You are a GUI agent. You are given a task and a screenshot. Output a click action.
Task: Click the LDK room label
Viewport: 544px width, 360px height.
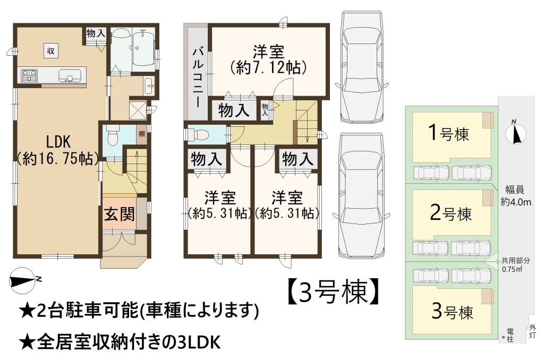click(x=58, y=141)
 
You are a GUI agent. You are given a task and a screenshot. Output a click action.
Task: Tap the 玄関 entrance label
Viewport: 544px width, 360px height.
click(x=120, y=213)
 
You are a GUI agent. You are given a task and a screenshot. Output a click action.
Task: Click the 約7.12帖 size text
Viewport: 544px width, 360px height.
click(x=268, y=67)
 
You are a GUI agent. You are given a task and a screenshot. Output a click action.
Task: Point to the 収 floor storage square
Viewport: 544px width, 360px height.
click(x=50, y=51)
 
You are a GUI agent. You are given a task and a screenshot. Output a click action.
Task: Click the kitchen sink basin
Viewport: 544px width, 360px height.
click(x=71, y=75)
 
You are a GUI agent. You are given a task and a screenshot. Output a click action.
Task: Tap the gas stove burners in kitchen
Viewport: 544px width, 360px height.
click(x=30, y=75)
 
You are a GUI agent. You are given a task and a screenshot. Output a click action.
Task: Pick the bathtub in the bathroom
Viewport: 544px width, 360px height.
click(x=143, y=48)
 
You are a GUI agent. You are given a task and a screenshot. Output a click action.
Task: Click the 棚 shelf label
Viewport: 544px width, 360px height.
click(x=141, y=133)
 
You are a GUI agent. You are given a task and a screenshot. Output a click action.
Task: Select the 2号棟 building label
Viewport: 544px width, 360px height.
click(x=450, y=212)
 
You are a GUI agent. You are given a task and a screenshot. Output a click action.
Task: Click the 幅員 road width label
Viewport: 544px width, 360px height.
click(x=514, y=190)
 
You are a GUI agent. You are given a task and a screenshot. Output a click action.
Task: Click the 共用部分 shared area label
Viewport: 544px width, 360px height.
click(x=515, y=261)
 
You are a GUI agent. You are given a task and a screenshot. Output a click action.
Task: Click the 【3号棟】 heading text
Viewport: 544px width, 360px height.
click(x=333, y=292)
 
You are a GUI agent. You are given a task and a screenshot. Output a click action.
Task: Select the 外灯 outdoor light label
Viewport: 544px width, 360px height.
click(x=532, y=331)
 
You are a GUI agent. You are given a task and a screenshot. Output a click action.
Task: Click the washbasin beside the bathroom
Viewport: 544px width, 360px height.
click(x=149, y=85)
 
